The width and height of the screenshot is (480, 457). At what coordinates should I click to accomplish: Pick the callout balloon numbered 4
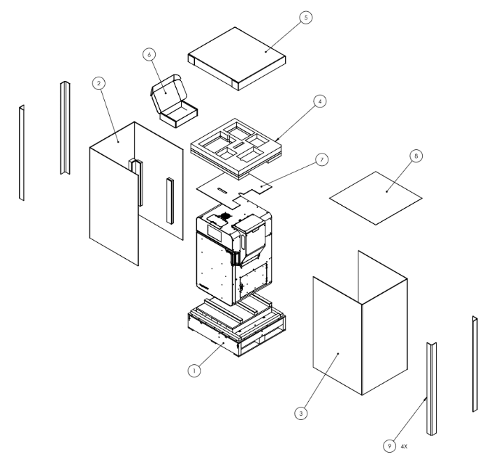(x=319, y=102)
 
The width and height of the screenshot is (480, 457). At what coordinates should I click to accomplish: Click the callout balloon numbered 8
(x=417, y=157)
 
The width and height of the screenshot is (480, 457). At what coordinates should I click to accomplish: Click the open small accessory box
(x=171, y=101)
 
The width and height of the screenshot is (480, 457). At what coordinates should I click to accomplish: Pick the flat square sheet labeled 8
(x=375, y=197)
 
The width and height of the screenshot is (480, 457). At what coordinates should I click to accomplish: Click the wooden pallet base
(x=236, y=331)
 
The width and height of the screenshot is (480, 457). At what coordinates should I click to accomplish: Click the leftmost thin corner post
(x=22, y=152)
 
